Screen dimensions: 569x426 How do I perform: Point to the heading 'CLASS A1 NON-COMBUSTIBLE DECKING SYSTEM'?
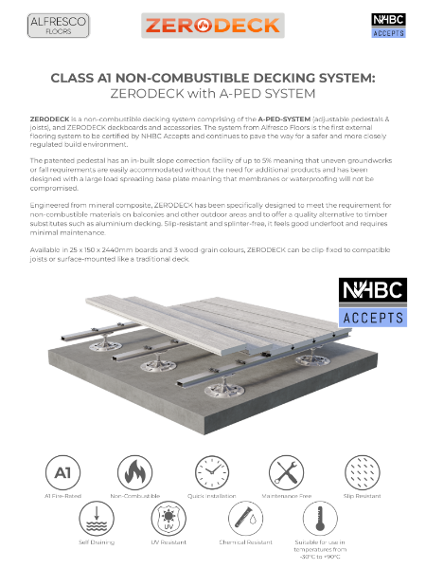point(213,79)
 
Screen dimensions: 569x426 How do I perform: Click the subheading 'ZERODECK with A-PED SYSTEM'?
point(213,95)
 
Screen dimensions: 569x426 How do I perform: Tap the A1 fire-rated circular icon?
point(60,470)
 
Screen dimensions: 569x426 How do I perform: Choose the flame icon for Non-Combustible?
point(135,470)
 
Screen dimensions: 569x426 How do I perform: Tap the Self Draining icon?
point(98,521)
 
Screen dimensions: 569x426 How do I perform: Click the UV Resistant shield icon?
point(174,521)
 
